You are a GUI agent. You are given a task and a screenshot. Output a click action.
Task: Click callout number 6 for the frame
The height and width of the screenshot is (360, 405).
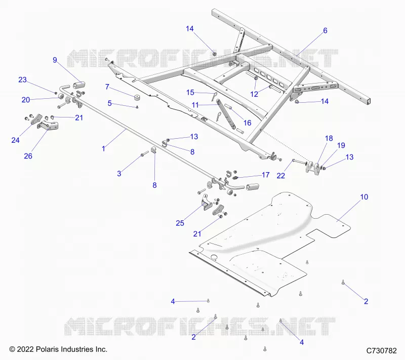pos(325,30)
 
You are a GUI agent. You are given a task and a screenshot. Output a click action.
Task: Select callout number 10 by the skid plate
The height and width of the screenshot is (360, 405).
pos(364,197)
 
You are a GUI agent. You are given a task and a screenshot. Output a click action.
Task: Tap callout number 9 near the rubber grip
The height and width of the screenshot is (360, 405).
pos(55,60)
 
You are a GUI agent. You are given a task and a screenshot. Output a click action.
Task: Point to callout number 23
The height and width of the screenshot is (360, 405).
pos(22,80)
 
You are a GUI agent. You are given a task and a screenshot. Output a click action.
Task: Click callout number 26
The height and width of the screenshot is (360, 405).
pos(28,156)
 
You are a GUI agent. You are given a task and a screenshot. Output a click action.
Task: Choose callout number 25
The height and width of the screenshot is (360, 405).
pos(180,223)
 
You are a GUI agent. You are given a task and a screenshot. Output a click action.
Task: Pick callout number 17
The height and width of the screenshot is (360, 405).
pos(265,175)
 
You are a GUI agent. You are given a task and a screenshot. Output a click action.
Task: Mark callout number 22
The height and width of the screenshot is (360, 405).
pos(281,176)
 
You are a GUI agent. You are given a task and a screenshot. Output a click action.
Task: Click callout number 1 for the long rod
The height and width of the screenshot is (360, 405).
pos(104,148)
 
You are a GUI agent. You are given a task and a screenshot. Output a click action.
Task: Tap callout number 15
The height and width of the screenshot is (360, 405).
pos(190,93)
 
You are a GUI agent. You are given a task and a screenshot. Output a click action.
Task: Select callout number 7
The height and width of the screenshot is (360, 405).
pos(107,87)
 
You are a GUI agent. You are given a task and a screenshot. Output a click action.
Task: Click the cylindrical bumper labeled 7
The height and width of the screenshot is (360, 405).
pos(139,98)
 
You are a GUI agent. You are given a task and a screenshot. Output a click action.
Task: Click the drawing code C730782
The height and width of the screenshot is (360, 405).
pos(382,350)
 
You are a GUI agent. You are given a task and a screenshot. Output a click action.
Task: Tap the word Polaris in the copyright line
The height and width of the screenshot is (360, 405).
pos(46,349)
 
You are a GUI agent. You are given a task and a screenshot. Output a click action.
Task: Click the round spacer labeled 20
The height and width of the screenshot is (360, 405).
pos(61,97)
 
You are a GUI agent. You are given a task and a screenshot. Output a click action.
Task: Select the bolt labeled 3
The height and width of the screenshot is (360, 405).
pos(144,154)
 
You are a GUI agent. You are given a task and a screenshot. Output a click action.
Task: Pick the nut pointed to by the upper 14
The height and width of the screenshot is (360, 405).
pos(214,54)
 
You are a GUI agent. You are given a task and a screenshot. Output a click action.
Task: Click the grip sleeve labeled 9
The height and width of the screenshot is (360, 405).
pos(79,85)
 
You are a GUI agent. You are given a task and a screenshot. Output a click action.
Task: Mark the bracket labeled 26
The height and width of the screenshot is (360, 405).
pos(48,126)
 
